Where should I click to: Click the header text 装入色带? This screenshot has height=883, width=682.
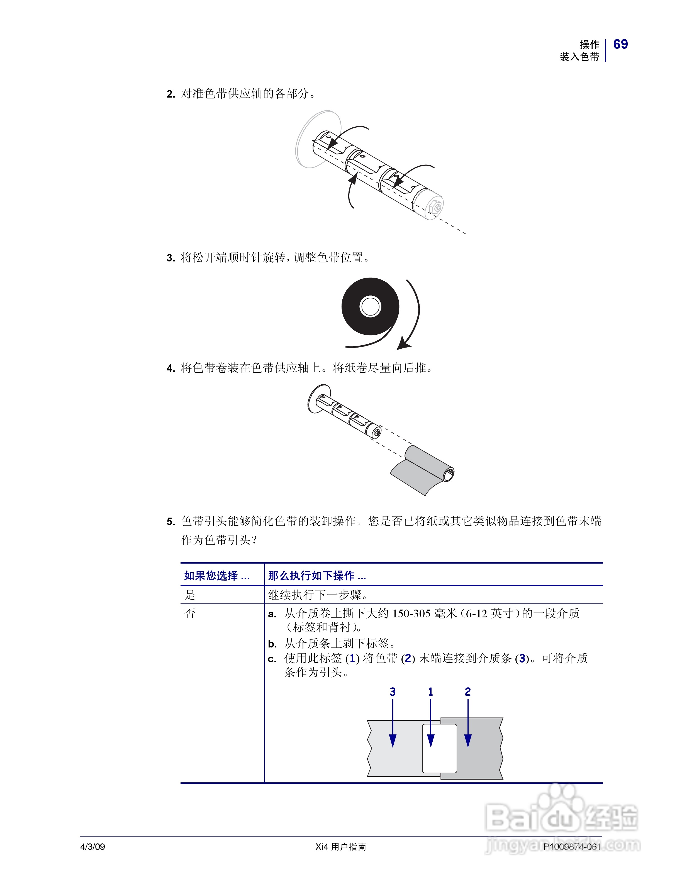[579, 57]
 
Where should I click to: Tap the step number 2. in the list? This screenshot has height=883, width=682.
[170, 94]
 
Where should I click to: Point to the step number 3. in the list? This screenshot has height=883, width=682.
[170, 258]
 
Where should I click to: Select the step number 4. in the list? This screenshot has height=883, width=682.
[170, 368]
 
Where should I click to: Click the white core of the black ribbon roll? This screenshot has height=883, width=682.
[370, 306]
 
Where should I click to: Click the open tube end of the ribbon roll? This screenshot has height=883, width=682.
[449, 474]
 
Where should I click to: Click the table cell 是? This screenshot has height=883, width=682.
[190, 595]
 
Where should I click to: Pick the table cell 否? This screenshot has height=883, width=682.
[190, 613]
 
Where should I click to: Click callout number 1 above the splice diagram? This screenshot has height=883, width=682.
[431, 692]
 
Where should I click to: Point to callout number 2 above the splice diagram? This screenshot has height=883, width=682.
[468, 692]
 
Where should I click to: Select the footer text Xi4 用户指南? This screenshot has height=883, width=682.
[341, 846]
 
